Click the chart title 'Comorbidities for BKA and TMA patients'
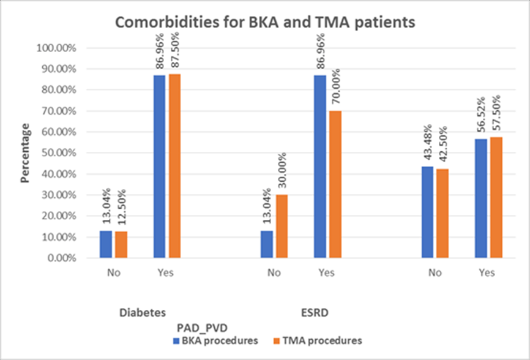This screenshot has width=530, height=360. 265,23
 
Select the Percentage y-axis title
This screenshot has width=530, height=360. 26,153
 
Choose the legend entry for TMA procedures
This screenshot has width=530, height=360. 321,340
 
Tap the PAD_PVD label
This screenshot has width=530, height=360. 204,327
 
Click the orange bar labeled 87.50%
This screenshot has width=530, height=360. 174,166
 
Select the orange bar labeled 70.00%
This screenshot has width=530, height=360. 335,184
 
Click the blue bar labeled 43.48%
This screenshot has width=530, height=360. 427,212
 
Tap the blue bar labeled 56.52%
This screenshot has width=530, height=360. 480,198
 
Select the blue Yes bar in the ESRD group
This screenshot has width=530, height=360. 320,167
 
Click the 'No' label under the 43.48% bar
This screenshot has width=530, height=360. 435,272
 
